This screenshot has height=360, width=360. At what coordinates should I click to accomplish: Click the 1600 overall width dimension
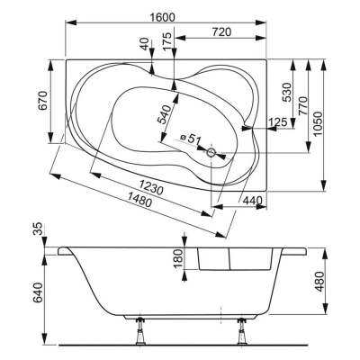pyautogui.click(x=162, y=17)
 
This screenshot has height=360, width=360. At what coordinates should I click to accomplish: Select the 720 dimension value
pyautogui.click(x=221, y=31)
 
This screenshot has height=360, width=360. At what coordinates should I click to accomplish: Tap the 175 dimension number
pyautogui.click(x=168, y=40)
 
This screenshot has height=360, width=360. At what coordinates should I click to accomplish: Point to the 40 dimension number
pyautogui.click(x=145, y=44)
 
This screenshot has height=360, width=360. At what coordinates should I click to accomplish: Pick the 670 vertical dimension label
pyautogui.click(x=43, y=101)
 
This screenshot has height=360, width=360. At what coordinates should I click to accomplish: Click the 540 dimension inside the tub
pyautogui.click(x=165, y=114)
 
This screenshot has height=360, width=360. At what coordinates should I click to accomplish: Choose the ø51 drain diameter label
pyautogui.click(x=190, y=139)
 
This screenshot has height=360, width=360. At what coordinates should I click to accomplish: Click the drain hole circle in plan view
pyautogui.click(x=211, y=152)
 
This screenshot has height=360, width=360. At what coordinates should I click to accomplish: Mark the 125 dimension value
pyautogui.click(x=278, y=122)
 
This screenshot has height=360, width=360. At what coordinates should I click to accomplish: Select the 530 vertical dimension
pyautogui.click(x=287, y=93)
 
